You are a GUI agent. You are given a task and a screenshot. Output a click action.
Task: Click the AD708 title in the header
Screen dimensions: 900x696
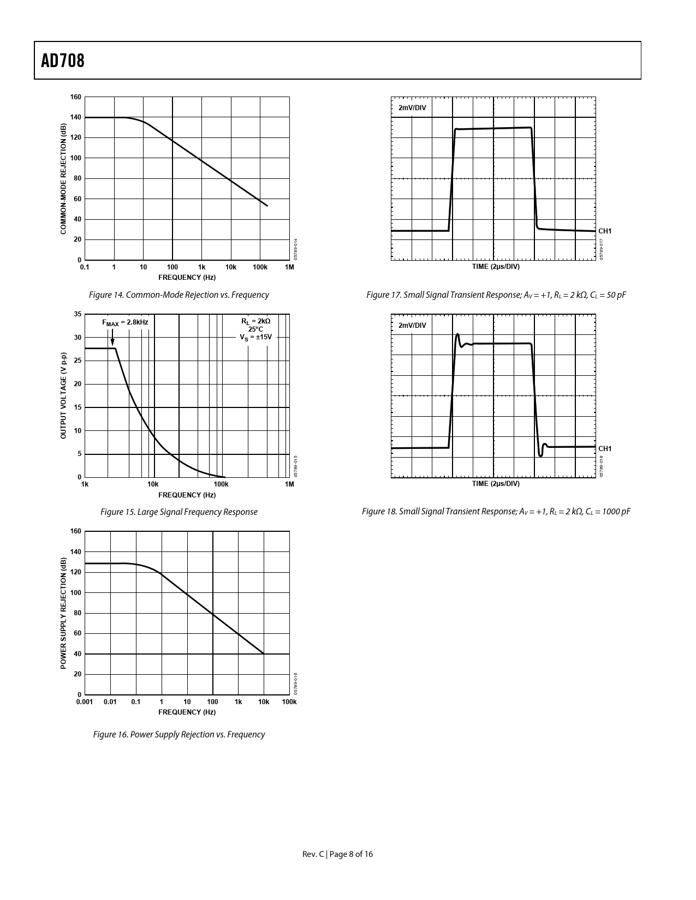point(63,61)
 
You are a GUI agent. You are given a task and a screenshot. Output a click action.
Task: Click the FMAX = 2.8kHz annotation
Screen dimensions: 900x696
point(125,322)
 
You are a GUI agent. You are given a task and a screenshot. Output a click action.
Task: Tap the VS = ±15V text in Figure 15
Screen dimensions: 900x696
point(255,337)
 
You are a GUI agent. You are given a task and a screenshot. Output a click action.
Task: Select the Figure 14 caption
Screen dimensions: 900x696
point(179,295)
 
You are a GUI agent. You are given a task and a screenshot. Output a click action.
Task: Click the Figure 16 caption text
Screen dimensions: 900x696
point(179,735)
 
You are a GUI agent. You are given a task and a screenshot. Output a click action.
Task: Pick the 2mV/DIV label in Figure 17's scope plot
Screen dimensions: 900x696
point(412,108)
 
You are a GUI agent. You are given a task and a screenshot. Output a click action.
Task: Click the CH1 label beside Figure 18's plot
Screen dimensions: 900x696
point(605,448)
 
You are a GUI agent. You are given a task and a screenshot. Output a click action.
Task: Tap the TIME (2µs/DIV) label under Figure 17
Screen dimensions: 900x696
point(496,267)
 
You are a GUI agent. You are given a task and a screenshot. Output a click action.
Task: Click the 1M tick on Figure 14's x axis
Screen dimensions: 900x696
point(289,267)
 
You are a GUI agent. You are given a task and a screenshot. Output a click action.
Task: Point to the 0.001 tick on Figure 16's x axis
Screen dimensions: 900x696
point(85,702)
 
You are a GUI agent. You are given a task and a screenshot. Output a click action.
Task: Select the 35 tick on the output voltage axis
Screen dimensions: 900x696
point(78,314)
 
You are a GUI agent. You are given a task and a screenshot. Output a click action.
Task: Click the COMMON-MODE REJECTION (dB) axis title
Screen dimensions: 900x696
point(63,179)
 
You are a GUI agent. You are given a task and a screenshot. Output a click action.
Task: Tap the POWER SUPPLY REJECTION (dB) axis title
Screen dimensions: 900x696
point(63,613)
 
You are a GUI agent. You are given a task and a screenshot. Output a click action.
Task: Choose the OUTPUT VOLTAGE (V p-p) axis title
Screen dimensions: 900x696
point(63,395)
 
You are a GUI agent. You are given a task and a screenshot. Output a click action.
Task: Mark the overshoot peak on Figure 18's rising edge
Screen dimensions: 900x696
point(457,334)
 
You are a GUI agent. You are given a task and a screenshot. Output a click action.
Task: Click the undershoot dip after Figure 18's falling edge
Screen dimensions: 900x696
point(540,455)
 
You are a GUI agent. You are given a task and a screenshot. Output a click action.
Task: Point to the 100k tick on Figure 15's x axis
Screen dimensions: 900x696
point(221,484)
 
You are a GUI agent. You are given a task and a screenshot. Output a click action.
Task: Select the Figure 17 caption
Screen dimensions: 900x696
point(496,295)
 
